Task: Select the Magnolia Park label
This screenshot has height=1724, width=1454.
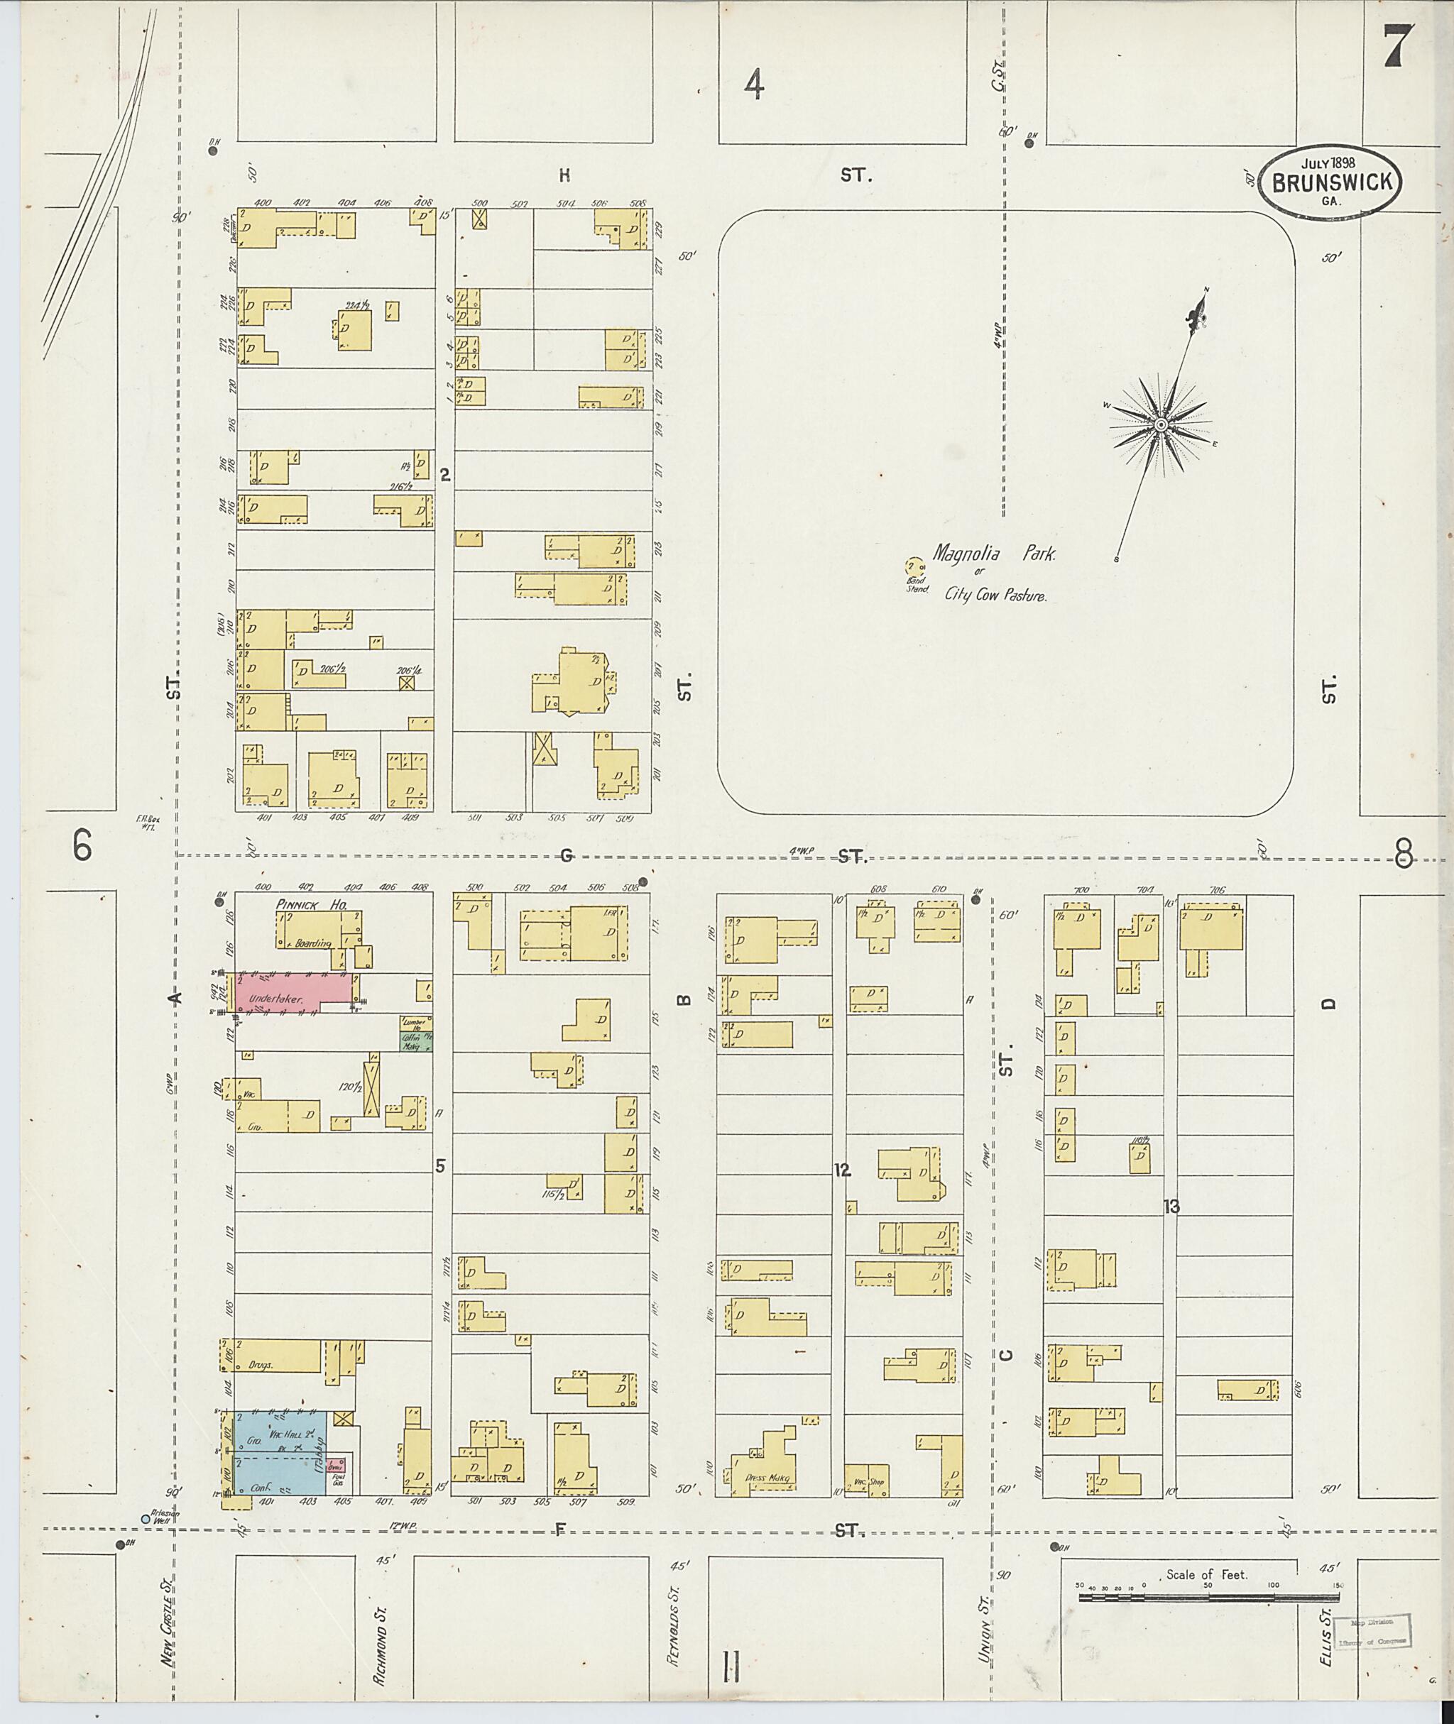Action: point(994,554)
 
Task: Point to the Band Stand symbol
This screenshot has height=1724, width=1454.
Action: point(912,566)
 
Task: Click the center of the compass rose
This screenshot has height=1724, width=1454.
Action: point(1160,424)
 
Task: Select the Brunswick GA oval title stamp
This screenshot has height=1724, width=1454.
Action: point(1330,182)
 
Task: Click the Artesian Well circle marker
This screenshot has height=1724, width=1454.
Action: point(145,1518)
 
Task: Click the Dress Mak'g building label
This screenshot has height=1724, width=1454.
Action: point(767,1478)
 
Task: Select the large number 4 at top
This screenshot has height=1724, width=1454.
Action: point(753,85)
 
